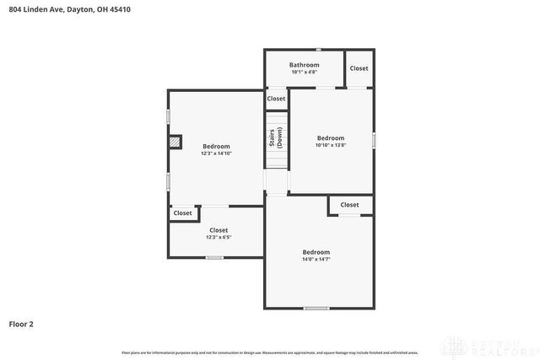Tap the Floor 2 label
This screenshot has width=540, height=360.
pos(22,324)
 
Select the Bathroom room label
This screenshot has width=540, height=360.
pos(304,65)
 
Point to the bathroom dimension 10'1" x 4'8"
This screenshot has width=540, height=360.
pos(304,73)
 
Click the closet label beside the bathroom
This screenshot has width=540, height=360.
pos(359,68)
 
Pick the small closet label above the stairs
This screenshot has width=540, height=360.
pos(276,99)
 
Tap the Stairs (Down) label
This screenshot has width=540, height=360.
pos(275,139)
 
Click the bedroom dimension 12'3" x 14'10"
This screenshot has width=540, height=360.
pos(216,153)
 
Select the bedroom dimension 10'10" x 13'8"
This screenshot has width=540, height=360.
pos(331,145)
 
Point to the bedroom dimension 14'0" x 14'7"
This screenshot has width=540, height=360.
pos(316,260)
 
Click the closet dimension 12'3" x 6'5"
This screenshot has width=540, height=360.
pos(219,237)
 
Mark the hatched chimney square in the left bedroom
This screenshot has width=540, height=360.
pos(175,142)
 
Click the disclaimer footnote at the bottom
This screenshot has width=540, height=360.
pos(270,352)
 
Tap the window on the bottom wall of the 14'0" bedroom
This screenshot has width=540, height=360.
pos(316,309)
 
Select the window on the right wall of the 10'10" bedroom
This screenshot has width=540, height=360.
pos(374,138)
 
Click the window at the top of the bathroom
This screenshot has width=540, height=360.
pos(317,50)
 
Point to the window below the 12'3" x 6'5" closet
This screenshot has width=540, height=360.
pos(214,257)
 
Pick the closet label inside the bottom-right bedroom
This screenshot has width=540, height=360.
pos(349,205)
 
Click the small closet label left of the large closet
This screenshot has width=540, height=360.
pos(183,213)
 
